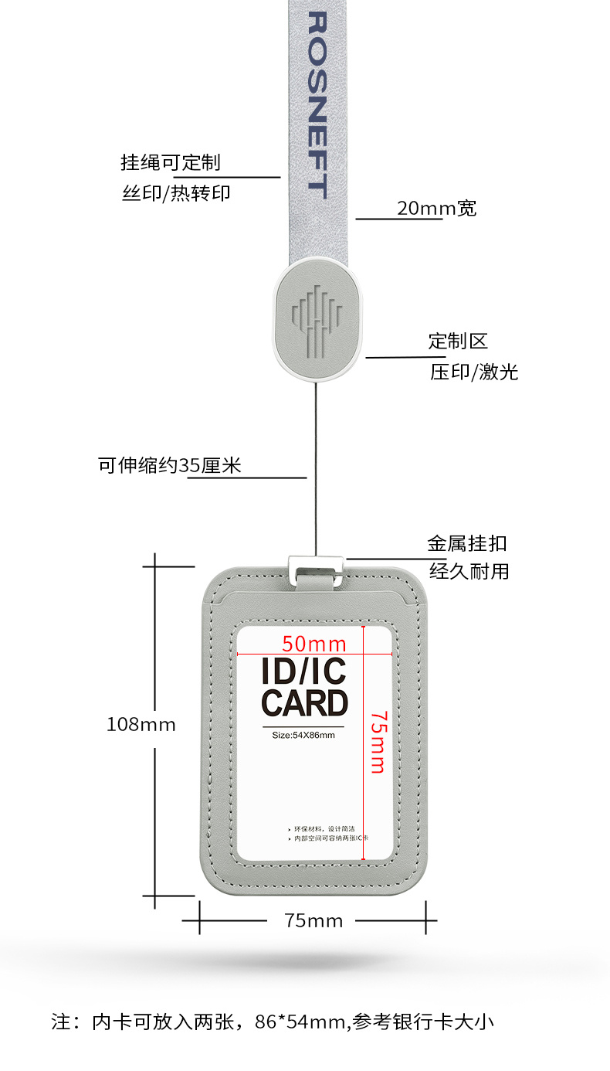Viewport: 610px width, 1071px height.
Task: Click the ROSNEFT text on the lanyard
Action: (317, 104)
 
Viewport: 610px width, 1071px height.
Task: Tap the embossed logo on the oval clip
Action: (316, 320)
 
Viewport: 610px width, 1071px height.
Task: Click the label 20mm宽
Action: (436, 208)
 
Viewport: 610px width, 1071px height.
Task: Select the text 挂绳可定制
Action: (171, 162)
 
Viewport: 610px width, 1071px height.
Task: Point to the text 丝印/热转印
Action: (176, 193)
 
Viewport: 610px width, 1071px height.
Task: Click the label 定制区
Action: (458, 341)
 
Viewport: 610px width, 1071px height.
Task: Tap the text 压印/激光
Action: (473, 372)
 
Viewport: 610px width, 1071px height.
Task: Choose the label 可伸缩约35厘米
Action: (169, 465)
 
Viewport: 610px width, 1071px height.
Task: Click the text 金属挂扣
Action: (467, 543)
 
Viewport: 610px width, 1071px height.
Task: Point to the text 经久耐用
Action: (469, 573)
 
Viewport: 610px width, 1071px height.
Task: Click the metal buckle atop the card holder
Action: (315, 570)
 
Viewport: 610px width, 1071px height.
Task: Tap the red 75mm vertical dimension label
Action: (377, 742)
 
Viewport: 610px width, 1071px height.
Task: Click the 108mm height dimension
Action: (141, 725)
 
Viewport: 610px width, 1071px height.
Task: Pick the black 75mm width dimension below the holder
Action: (313, 920)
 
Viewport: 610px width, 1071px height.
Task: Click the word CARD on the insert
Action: (305, 704)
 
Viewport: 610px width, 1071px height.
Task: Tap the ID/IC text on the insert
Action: (304, 671)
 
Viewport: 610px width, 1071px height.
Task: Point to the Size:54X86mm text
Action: (303, 735)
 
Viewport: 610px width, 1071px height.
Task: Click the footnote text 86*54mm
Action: (300, 1022)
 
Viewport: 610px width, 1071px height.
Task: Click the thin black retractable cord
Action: (315, 464)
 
